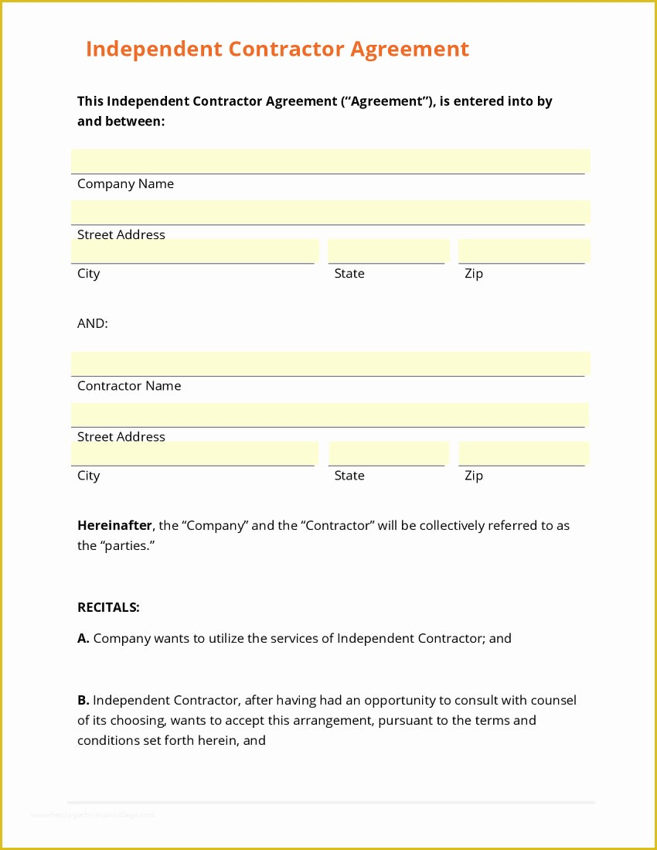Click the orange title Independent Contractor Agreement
click(x=277, y=49)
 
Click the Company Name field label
click(x=125, y=184)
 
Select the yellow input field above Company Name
click(x=330, y=161)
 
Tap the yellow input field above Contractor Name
click(x=330, y=364)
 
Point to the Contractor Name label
click(x=129, y=386)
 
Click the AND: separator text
click(x=93, y=324)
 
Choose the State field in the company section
click(x=388, y=251)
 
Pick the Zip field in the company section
click(x=523, y=251)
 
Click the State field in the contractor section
click(x=388, y=453)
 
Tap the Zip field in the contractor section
click(x=523, y=453)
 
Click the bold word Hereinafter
click(x=114, y=526)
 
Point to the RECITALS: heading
click(x=108, y=608)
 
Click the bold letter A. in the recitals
click(x=83, y=639)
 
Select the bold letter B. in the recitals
click(x=83, y=701)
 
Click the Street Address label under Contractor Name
click(x=121, y=437)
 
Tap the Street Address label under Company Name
click(x=121, y=235)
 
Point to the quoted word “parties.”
click(x=128, y=546)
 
